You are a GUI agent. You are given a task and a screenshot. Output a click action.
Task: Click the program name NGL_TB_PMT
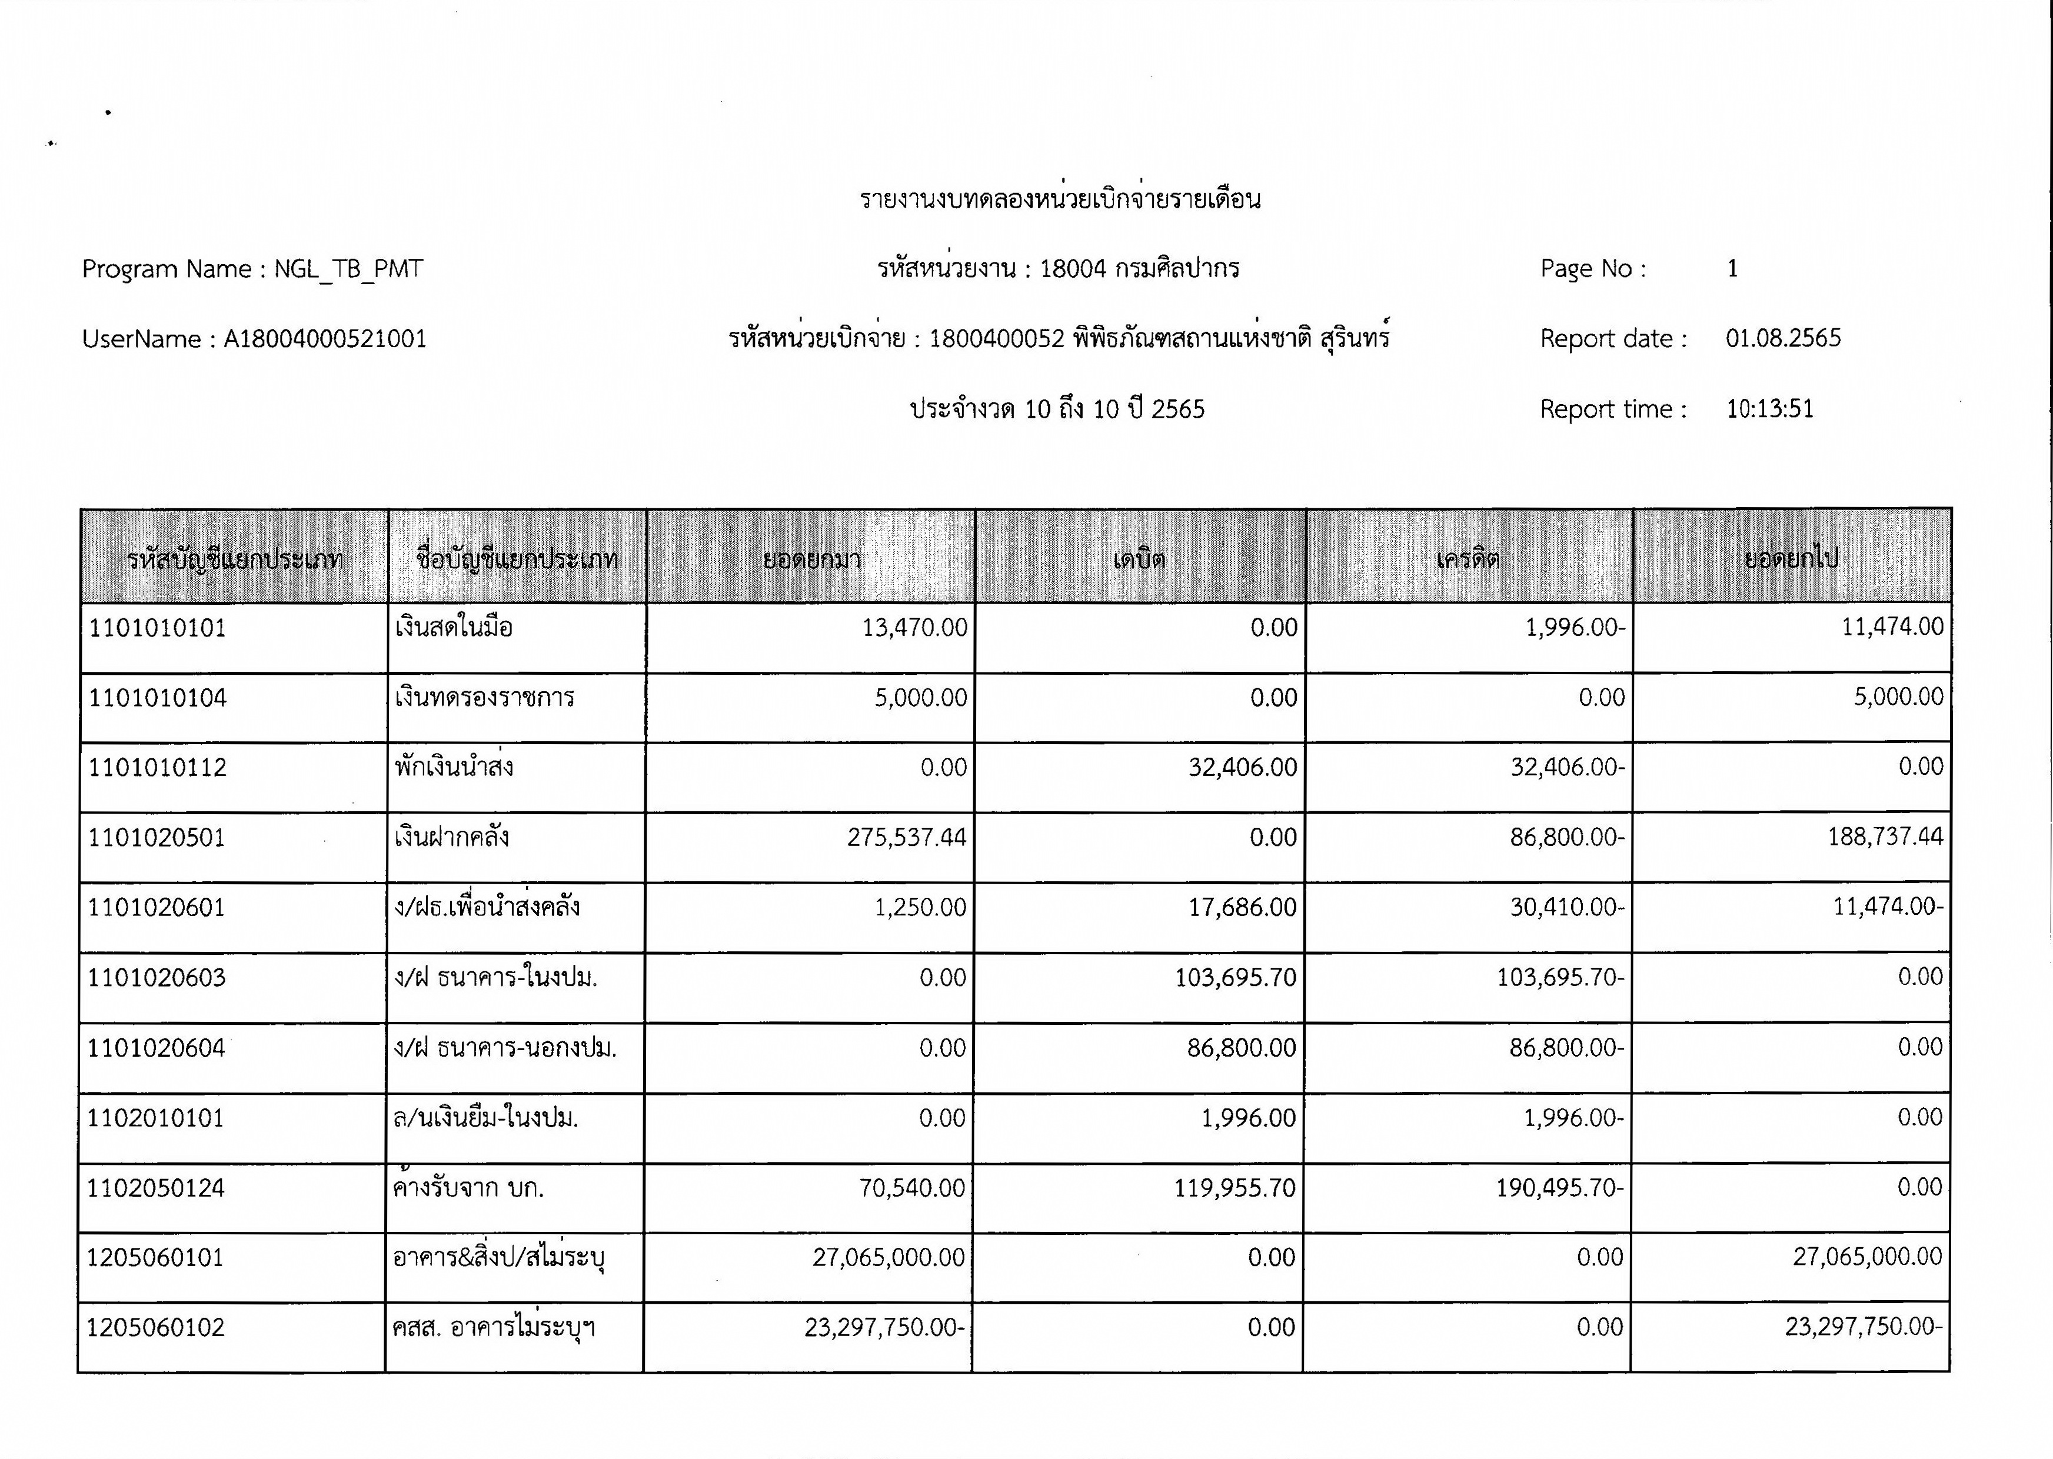pos(348,269)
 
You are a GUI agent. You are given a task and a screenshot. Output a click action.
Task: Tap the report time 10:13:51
pos(1769,409)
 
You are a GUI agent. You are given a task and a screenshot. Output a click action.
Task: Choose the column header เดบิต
pos(1139,559)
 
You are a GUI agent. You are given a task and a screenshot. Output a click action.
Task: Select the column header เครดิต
pos(1467,559)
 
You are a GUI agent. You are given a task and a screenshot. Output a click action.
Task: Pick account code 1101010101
pos(157,628)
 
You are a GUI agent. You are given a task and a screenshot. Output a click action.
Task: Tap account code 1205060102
pos(155,1328)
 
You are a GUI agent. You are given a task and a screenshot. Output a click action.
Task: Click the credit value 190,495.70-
pos(1559,1188)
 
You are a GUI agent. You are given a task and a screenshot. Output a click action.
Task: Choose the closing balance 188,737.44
pos(1884,837)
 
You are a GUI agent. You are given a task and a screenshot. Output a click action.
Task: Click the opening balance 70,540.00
pos(912,1188)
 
